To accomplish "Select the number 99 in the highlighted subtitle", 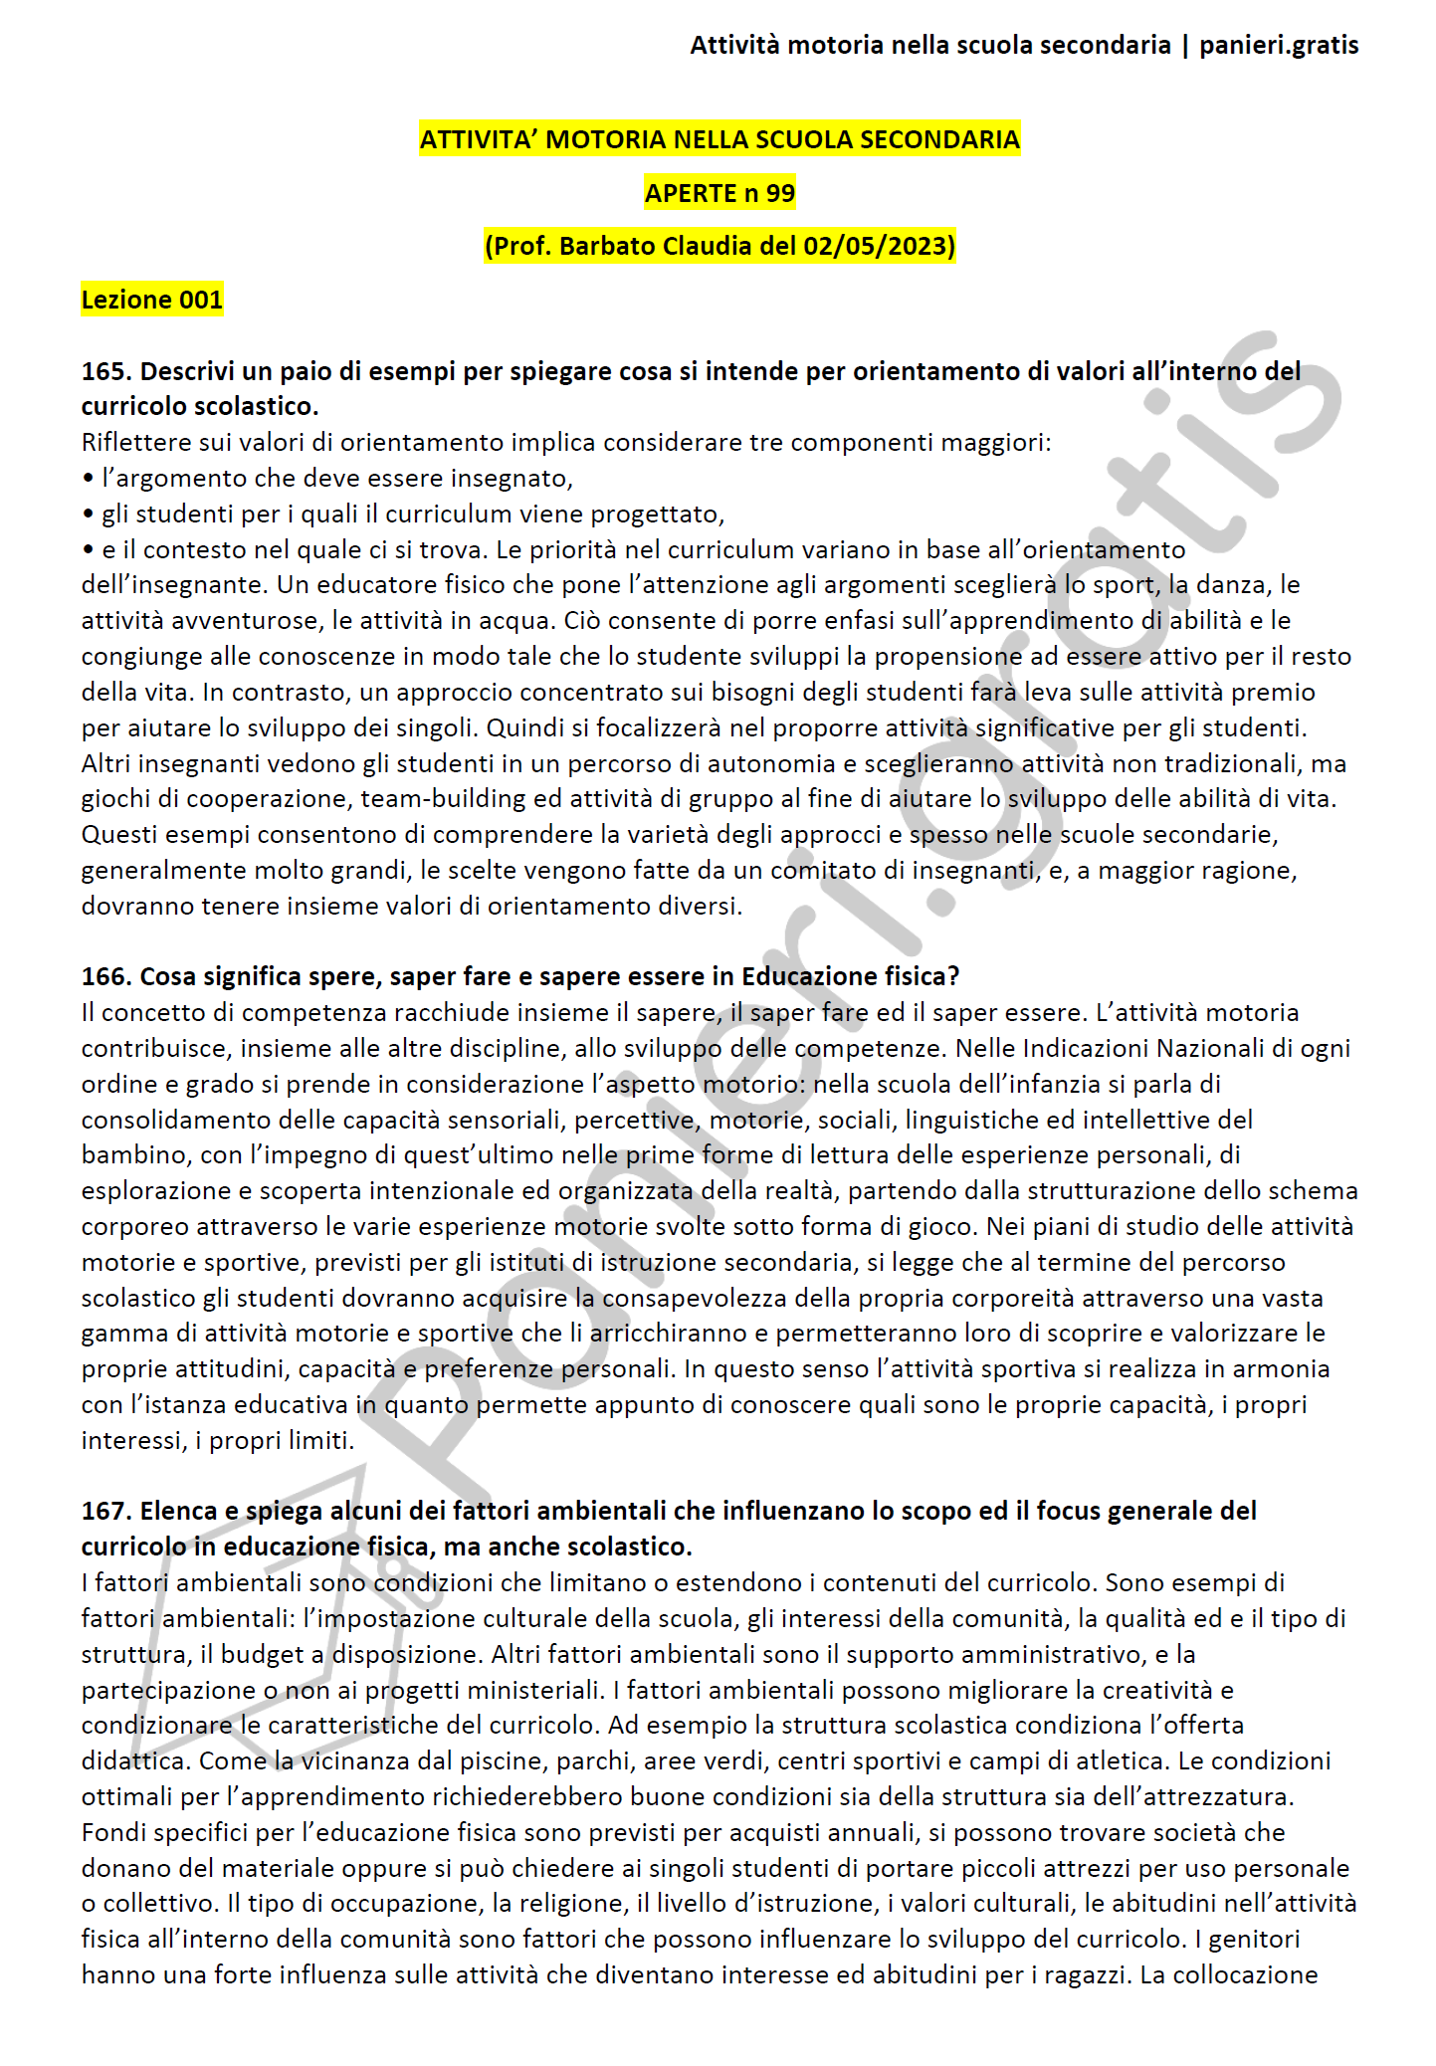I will tap(780, 193).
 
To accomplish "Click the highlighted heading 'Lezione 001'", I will tap(152, 300).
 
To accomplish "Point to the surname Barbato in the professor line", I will tap(605, 246).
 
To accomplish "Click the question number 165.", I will tap(105, 371).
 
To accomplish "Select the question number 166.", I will tap(105, 976).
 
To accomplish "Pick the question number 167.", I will tap(105, 1511).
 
